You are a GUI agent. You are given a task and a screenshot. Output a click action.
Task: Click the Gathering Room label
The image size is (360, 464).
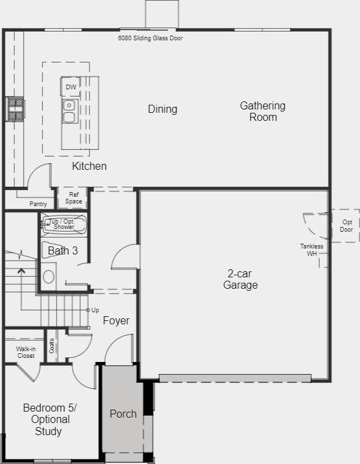(x=263, y=111)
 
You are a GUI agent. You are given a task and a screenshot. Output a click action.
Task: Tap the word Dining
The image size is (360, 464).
(x=163, y=109)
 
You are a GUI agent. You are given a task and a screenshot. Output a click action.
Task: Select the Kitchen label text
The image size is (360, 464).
(x=89, y=166)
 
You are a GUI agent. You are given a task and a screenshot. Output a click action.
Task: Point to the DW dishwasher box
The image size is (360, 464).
(x=71, y=87)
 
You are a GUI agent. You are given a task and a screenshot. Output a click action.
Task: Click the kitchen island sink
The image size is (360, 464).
(x=70, y=111)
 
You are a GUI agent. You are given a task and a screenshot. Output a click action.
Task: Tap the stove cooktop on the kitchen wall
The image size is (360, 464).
(x=15, y=109)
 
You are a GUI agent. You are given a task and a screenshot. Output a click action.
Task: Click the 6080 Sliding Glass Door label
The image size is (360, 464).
(x=150, y=38)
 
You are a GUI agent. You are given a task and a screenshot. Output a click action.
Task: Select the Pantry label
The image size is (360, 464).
(x=38, y=204)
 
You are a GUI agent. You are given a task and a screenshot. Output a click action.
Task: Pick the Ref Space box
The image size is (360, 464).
(x=73, y=197)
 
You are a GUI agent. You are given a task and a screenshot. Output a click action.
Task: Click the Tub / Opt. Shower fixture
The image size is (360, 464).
(x=64, y=224)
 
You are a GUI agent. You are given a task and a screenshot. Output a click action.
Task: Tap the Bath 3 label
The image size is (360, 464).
(x=62, y=250)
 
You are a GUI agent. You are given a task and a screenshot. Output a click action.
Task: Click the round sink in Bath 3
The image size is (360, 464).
(x=48, y=277)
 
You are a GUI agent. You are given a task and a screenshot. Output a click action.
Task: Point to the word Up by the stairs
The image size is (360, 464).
(x=95, y=310)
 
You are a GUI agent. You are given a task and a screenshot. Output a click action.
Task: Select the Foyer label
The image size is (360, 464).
(x=116, y=320)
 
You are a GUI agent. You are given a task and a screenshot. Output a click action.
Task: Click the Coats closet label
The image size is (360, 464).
(x=52, y=346)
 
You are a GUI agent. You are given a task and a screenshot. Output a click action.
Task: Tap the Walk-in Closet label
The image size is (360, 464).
(x=26, y=352)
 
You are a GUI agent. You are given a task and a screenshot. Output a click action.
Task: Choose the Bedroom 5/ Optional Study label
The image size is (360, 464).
(x=50, y=419)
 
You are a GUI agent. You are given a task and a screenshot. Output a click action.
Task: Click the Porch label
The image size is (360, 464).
(x=123, y=414)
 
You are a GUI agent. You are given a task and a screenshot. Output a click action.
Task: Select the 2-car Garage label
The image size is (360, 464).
(x=240, y=279)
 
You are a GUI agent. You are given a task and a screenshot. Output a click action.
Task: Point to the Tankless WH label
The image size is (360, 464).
(x=312, y=250)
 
